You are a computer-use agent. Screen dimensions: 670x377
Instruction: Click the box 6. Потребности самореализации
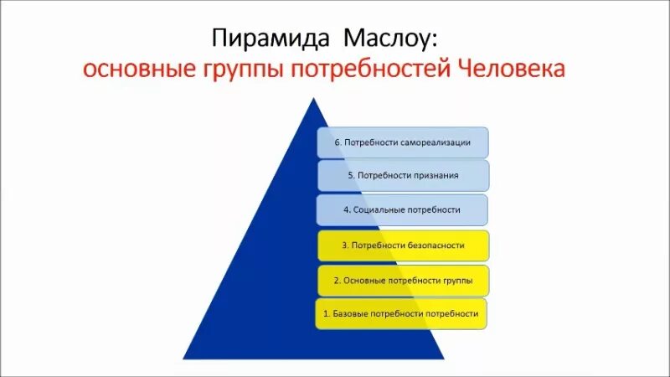[402, 142]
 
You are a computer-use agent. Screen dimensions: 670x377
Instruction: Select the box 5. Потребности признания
[403, 175]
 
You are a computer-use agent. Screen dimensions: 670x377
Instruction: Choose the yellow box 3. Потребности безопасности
[402, 246]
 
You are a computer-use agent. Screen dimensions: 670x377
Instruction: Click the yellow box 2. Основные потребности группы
[402, 280]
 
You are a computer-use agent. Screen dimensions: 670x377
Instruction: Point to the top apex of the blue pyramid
[316, 99]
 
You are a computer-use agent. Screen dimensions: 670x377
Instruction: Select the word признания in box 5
[433, 175]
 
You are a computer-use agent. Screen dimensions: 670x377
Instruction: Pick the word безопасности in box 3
[436, 246]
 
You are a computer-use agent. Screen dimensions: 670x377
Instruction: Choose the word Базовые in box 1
[349, 313]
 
